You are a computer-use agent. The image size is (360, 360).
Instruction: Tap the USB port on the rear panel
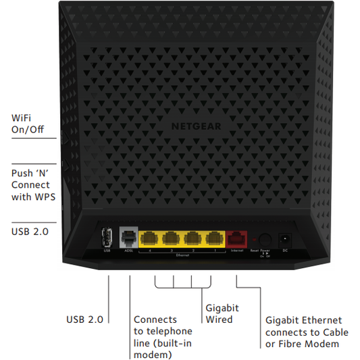tap(107, 238)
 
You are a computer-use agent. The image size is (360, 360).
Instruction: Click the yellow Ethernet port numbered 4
tap(149, 238)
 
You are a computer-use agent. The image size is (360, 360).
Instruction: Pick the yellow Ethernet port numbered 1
tap(215, 238)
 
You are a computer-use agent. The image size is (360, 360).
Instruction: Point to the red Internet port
tap(237, 238)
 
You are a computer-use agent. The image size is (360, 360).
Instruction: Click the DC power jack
tap(286, 238)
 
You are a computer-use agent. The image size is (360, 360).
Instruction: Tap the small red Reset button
tap(253, 239)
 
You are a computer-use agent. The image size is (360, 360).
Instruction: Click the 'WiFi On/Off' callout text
tap(27, 124)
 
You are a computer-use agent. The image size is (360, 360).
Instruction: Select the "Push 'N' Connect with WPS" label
tap(32, 184)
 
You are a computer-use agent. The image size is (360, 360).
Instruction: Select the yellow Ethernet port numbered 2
tap(193, 238)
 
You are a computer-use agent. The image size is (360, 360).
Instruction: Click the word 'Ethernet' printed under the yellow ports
tap(182, 256)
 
